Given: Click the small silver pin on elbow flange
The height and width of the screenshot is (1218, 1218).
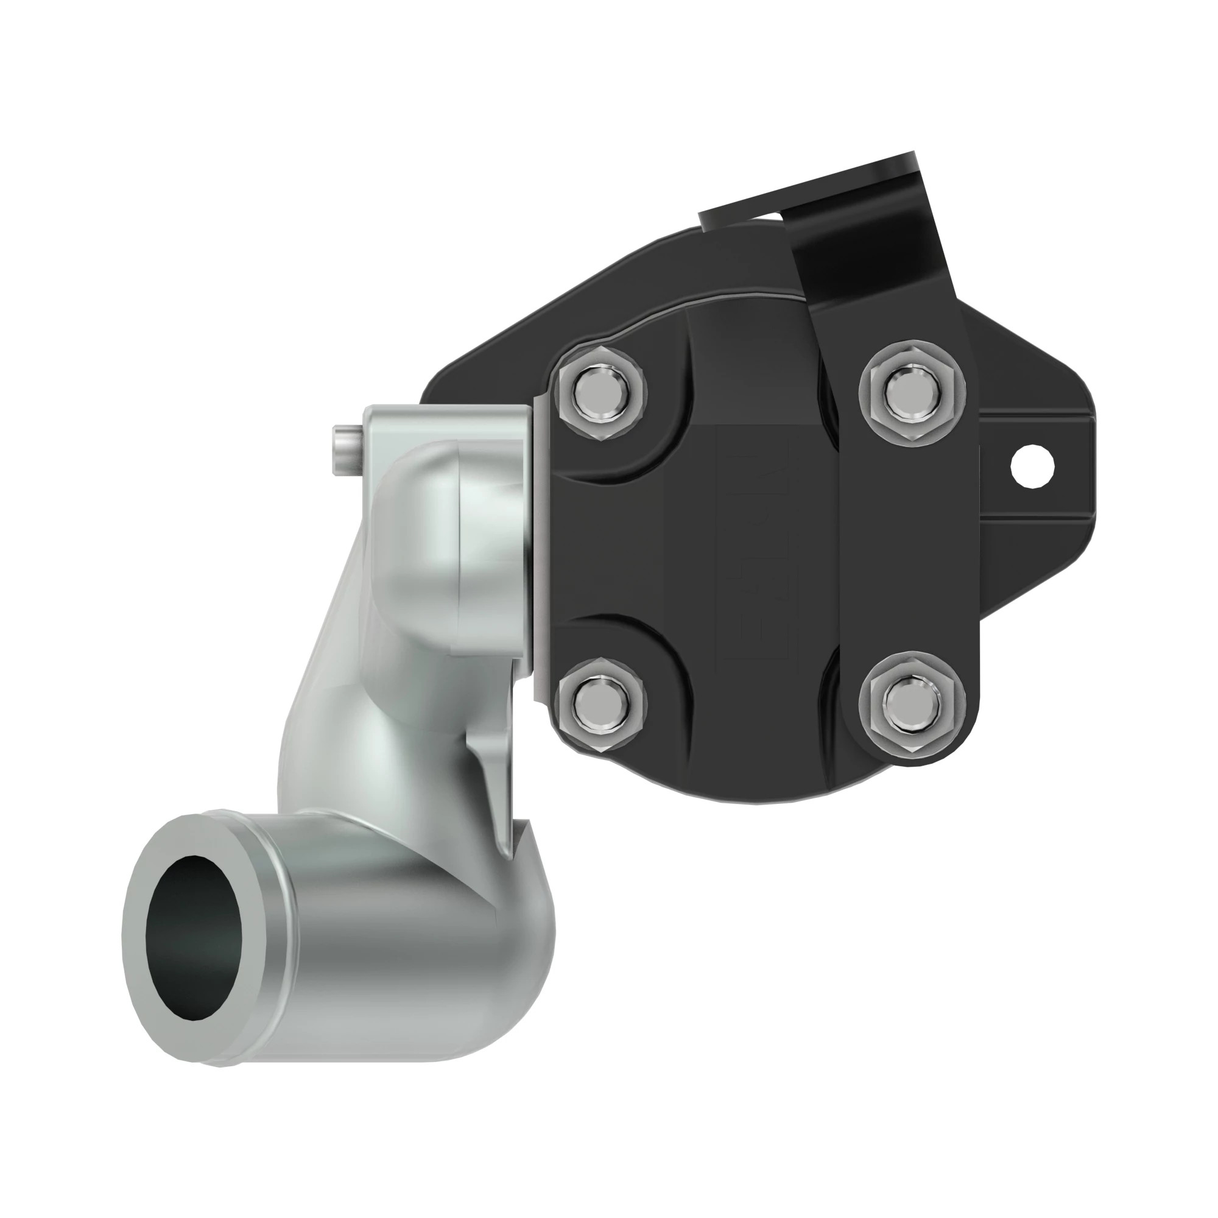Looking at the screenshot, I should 345,450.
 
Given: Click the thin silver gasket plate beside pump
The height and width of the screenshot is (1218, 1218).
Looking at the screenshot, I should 540,549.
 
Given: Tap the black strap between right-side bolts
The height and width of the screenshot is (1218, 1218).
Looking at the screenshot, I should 908,549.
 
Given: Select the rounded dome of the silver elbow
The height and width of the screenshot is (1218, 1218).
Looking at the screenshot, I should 416,523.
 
